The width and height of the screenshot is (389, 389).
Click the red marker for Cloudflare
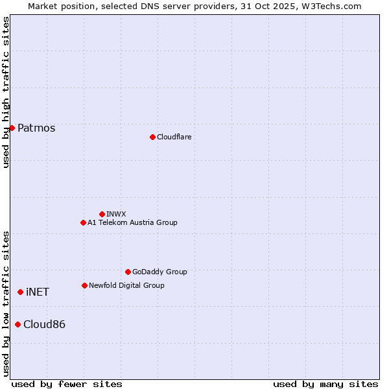coord(152,137)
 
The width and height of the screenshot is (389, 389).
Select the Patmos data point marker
coord(12,128)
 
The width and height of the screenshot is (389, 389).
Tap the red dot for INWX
coord(102,214)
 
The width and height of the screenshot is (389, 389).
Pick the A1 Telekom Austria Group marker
coord(83,222)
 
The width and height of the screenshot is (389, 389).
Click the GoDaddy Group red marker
coord(128,272)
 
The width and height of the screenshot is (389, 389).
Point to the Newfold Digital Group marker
coord(84,285)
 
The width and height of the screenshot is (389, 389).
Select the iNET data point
coord(20,292)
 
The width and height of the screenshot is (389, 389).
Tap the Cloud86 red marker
coord(18,324)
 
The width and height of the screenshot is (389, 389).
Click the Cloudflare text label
coord(174,137)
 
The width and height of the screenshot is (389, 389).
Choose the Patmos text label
coord(36,128)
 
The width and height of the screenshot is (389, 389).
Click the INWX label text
coord(116,214)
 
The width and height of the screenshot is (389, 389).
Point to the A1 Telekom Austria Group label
coord(132,222)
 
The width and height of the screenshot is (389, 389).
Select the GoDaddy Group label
coord(159,272)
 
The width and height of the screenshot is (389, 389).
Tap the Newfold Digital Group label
coord(126,285)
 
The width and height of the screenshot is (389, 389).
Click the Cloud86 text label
coord(44,324)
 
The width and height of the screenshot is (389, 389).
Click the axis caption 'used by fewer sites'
coord(67,384)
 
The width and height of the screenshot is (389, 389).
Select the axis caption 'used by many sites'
coord(325,384)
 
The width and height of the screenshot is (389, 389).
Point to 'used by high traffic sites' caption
coord(6,92)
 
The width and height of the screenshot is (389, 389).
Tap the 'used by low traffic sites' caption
coord(6,303)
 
